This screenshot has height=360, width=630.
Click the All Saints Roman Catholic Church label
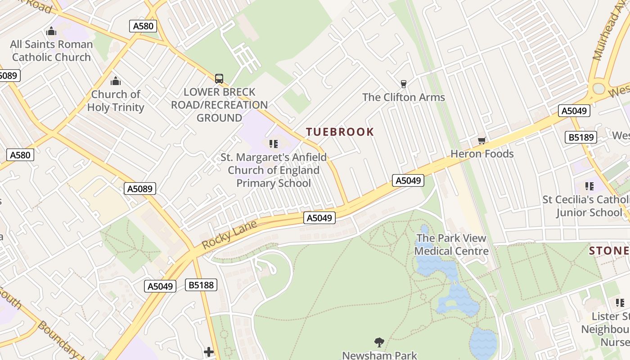pyautogui.click(x=51, y=51)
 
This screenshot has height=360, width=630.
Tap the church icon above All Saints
pyautogui.click(x=51, y=31)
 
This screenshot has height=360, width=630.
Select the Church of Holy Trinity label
pyautogui.click(x=116, y=101)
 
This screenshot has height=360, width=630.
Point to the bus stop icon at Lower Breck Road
pyautogui.click(x=219, y=79)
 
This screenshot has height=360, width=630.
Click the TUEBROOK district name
pyautogui.click(x=340, y=132)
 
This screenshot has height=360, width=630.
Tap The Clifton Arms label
pyautogui.click(x=403, y=97)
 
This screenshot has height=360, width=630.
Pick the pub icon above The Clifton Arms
pyautogui.click(x=403, y=84)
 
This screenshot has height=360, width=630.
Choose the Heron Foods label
pyautogui.click(x=482, y=154)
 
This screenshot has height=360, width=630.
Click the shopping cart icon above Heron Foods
pyautogui.click(x=482, y=141)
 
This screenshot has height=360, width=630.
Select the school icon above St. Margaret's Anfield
pyautogui.click(x=273, y=144)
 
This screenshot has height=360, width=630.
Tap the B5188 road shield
pyautogui.click(x=201, y=285)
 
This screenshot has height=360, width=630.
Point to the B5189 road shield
pyautogui.click(x=581, y=137)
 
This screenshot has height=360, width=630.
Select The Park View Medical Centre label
pyautogui.click(x=451, y=245)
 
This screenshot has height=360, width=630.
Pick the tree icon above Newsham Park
pyautogui.click(x=379, y=342)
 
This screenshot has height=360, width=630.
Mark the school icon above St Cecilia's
pyautogui.click(x=589, y=186)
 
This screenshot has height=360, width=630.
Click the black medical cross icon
pyautogui.click(x=208, y=351)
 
